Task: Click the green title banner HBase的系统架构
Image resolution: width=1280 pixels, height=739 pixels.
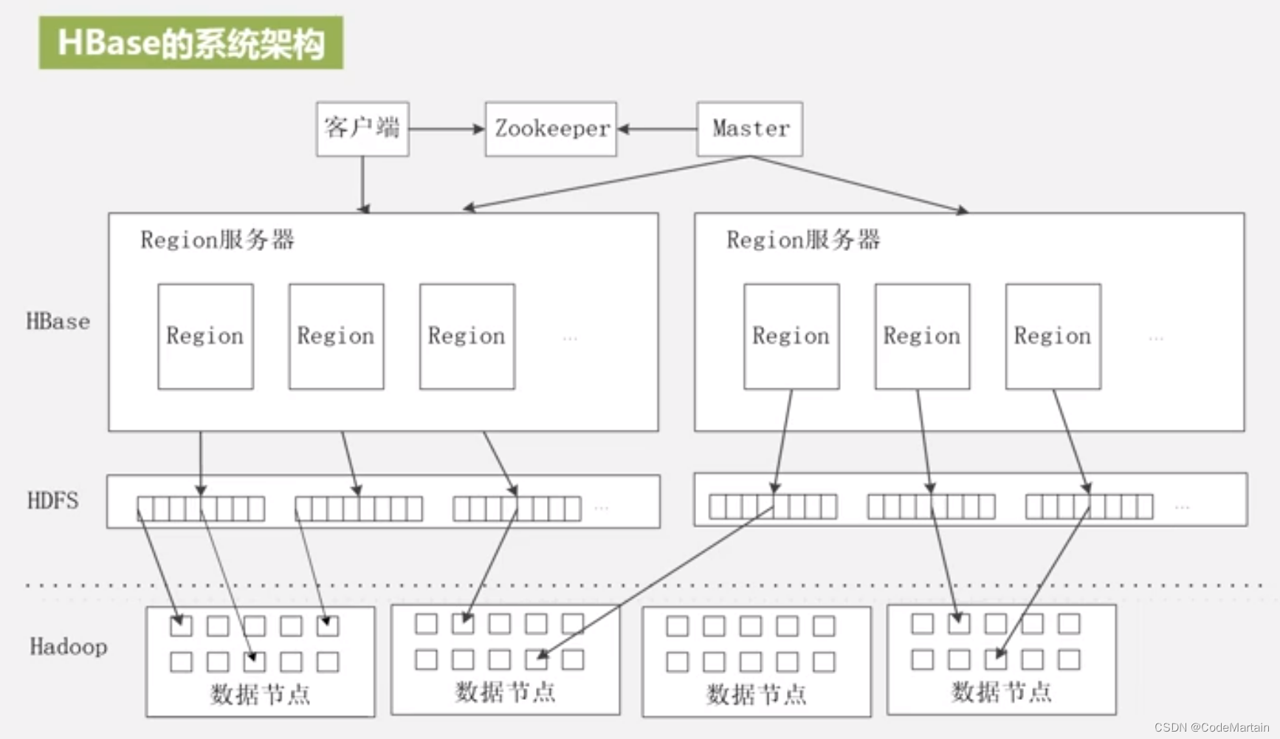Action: [x=190, y=43]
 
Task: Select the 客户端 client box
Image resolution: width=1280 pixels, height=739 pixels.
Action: [x=362, y=128]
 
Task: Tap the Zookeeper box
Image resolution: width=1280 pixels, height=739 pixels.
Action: [x=551, y=128]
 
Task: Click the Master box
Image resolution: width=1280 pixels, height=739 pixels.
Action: [x=749, y=128]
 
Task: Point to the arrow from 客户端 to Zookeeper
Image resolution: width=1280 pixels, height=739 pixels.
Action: [x=446, y=129]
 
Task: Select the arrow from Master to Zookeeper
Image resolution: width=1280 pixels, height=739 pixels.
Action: [x=657, y=129]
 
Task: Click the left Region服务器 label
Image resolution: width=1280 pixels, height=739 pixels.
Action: [x=217, y=240]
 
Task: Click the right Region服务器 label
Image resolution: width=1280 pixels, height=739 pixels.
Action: [x=803, y=240]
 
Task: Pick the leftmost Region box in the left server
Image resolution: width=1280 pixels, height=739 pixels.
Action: [x=205, y=336]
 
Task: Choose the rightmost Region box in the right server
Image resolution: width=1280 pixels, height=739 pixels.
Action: [x=1053, y=336]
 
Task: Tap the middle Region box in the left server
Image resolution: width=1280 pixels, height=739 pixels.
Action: [x=336, y=336]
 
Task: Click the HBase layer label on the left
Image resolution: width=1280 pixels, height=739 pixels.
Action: [x=58, y=322]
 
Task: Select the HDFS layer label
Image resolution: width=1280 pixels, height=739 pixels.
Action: [x=52, y=501]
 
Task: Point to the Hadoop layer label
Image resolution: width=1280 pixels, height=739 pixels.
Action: [x=68, y=647]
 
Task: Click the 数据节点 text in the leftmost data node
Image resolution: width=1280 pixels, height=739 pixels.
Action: [x=260, y=694]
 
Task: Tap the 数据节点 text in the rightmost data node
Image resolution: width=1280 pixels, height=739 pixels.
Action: [x=1001, y=692]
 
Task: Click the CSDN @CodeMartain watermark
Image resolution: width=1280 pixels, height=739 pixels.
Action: [x=1211, y=727]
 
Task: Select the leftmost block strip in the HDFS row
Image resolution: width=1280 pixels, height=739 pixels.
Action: [x=201, y=509]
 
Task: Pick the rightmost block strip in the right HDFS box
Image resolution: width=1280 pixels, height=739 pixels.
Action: [x=1089, y=507]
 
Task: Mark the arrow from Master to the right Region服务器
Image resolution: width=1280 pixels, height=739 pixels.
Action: [x=856, y=183]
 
